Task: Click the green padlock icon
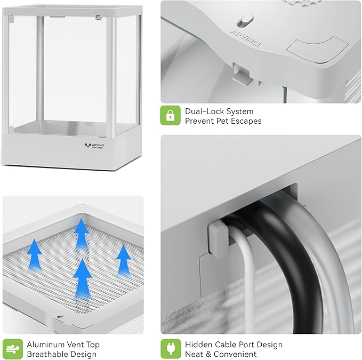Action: (171, 115)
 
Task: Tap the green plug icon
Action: (171, 349)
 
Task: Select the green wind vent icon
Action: (13, 349)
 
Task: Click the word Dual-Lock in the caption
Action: (205, 111)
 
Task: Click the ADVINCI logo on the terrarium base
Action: (94, 146)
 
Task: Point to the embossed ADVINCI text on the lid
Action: (246, 38)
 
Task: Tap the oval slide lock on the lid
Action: (245, 20)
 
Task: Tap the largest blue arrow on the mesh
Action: (83, 279)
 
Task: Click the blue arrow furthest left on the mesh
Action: (35, 255)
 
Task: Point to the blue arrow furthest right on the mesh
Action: (124, 260)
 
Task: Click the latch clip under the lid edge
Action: (243, 74)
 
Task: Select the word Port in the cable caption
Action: (246, 345)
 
